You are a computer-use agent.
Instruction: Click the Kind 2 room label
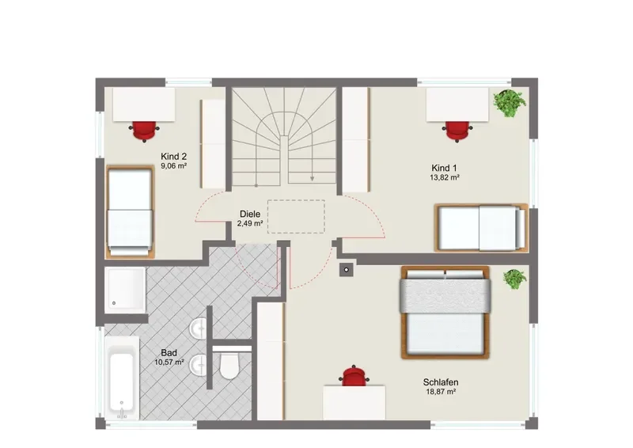click(x=173, y=157)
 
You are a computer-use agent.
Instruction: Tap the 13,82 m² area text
click(x=445, y=177)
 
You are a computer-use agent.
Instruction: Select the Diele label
click(x=250, y=214)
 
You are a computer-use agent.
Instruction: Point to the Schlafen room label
click(x=441, y=382)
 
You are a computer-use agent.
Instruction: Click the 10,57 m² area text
click(x=169, y=363)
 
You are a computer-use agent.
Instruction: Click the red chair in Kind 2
click(x=144, y=131)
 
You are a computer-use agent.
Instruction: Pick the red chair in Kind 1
click(x=457, y=131)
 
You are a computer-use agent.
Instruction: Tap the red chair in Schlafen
click(x=354, y=376)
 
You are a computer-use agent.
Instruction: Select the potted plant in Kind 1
click(x=510, y=103)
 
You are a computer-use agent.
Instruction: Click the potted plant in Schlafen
click(x=515, y=279)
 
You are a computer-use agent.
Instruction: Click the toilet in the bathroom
click(x=229, y=365)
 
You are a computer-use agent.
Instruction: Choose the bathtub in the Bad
click(x=122, y=378)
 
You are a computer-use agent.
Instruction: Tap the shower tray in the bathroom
click(x=125, y=290)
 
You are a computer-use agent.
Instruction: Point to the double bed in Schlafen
click(x=445, y=313)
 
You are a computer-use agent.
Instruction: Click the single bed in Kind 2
click(x=130, y=211)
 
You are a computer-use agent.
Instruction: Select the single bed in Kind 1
click(x=481, y=228)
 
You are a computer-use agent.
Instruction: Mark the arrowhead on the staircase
click(x=312, y=178)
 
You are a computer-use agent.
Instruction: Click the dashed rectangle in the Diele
click(x=296, y=217)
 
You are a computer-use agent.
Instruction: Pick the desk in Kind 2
click(x=144, y=104)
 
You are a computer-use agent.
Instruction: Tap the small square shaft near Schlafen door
click(x=347, y=269)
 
